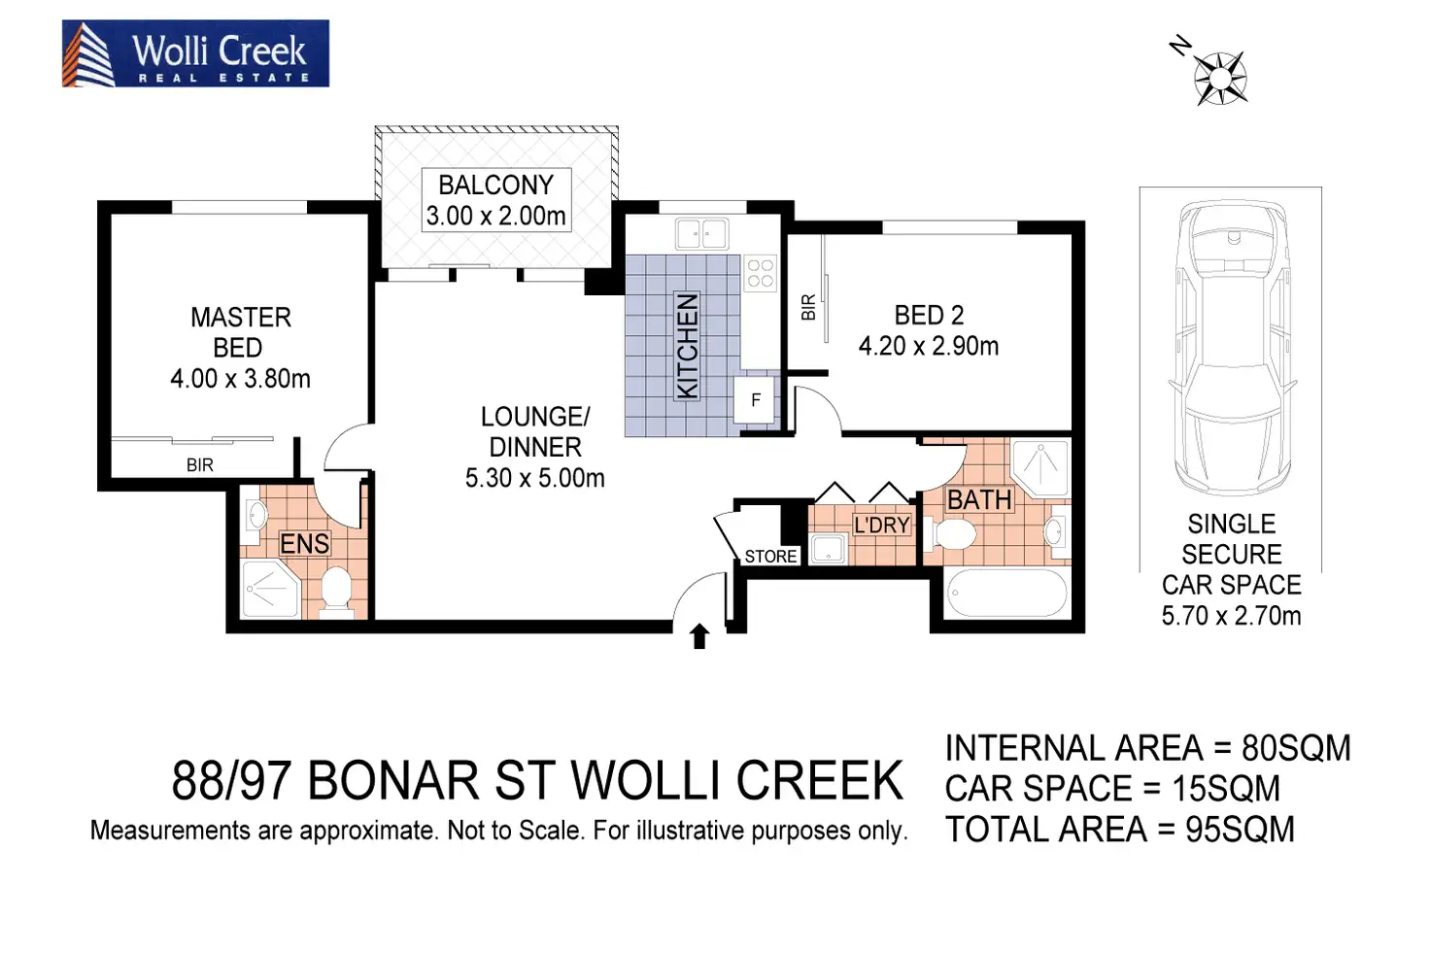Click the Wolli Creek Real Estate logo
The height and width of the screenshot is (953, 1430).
pos(195,53)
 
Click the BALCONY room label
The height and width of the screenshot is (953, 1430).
pos(495,185)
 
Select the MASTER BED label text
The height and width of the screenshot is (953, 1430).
pos(240,332)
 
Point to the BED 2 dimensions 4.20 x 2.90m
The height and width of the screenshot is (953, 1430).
pos(928,346)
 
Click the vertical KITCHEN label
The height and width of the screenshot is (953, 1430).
pos(687,346)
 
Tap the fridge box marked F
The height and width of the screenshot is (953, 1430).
pos(756,400)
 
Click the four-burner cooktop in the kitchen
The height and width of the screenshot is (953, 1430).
pos(760,273)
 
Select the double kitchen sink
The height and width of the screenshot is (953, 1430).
pos(701,234)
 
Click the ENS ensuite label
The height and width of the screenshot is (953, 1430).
pos(305,544)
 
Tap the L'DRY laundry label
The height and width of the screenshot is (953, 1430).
pos(881,526)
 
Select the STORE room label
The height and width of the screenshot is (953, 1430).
pos(770,557)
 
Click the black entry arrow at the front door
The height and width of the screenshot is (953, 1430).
pos(699,636)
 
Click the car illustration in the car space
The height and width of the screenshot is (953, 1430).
pos(1231,350)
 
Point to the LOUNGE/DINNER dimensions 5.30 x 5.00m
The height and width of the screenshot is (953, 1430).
pos(534,478)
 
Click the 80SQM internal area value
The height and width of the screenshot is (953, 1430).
pos(1296,748)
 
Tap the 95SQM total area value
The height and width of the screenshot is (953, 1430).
pos(1240,830)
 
